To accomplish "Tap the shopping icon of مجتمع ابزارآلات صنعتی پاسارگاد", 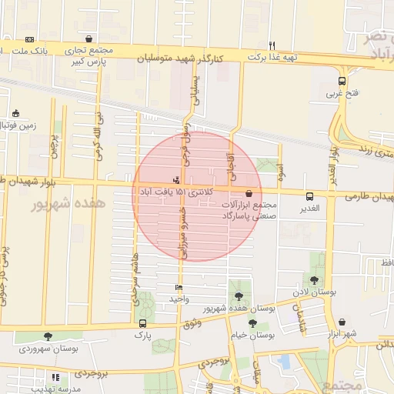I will [x=249, y=195].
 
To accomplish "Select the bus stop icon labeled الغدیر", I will [x=309, y=196].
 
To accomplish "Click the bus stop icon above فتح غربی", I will [x=342, y=81].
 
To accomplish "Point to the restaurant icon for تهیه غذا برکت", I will [x=271, y=45].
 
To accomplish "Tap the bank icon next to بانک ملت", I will [x=29, y=38].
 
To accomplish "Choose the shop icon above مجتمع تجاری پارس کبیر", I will [x=90, y=38].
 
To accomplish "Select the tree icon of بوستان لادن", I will [x=313, y=280].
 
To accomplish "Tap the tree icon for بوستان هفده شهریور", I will [x=239, y=295].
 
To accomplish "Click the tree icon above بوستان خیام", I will [x=252, y=323].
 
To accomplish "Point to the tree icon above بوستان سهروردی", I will [x=48, y=336].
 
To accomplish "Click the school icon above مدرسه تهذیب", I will [x=55, y=378].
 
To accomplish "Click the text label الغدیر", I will [x=309, y=209].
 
